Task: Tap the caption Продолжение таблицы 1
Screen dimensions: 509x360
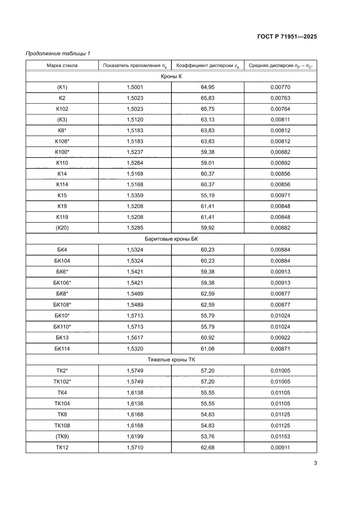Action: point(58,54)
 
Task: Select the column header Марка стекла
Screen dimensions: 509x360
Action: point(62,66)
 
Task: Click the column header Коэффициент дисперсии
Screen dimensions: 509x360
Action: point(208,66)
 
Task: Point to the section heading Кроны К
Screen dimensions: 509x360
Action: point(171,77)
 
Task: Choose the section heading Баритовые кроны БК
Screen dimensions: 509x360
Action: point(171,239)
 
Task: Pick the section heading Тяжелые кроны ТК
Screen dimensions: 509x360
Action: point(171,360)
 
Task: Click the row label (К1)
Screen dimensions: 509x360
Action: point(62,88)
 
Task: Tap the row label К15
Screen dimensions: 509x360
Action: point(62,196)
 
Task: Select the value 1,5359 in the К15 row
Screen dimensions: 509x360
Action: point(135,196)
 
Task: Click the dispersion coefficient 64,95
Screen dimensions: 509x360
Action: point(208,88)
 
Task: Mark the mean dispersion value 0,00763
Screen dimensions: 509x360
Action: point(280,98)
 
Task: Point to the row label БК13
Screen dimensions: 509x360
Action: point(62,337)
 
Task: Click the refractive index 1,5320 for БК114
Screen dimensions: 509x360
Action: point(135,348)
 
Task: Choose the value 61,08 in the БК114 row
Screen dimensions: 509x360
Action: point(208,348)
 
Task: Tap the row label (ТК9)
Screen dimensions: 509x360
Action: point(62,436)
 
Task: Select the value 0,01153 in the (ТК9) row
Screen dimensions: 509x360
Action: point(280,436)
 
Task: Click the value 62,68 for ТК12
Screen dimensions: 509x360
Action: point(208,447)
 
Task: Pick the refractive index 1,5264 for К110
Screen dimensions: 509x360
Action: point(135,163)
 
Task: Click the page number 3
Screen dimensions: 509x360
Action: point(315,463)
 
